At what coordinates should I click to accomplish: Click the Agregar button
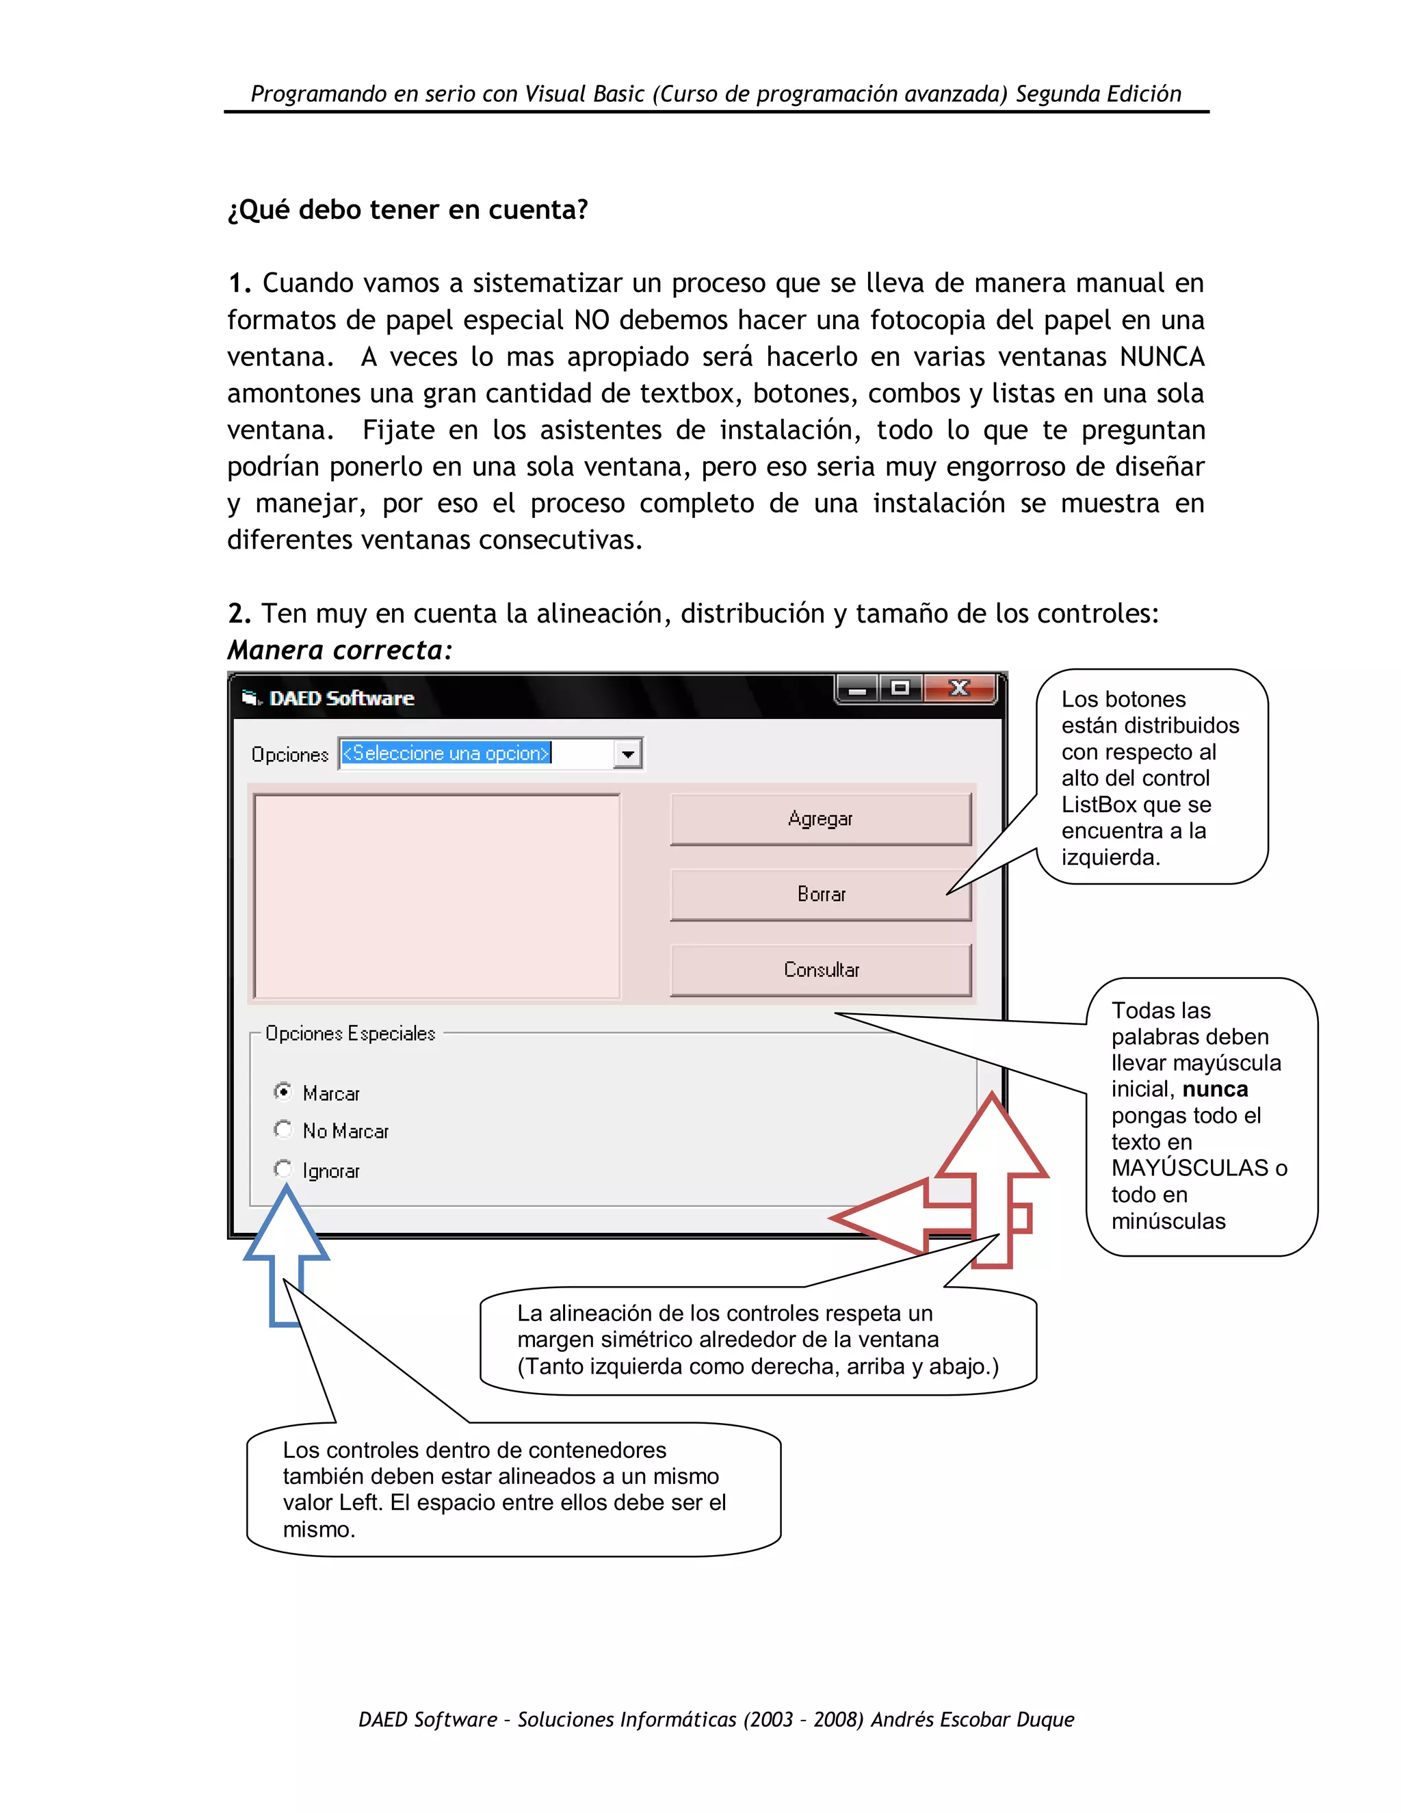coord(820,818)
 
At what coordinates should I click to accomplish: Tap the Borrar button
coord(820,894)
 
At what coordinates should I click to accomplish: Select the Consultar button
coord(820,969)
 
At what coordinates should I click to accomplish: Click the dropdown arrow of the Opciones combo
coord(627,754)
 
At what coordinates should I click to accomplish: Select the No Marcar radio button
coord(283,1129)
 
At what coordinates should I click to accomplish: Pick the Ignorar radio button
coord(283,1169)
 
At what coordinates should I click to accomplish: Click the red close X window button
coord(960,688)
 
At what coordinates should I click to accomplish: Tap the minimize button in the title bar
coord(857,688)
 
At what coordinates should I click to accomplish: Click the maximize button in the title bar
coord(900,688)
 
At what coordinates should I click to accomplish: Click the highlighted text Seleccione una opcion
coord(447,753)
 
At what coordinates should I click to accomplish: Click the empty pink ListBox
coord(436,896)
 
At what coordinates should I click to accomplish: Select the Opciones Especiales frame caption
coord(350,1034)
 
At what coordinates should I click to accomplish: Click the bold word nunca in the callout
coord(1215,1089)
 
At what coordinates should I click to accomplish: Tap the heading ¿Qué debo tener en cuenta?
coord(408,209)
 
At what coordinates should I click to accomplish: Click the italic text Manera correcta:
coord(340,650)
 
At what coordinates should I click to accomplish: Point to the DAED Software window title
coord(341,698)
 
